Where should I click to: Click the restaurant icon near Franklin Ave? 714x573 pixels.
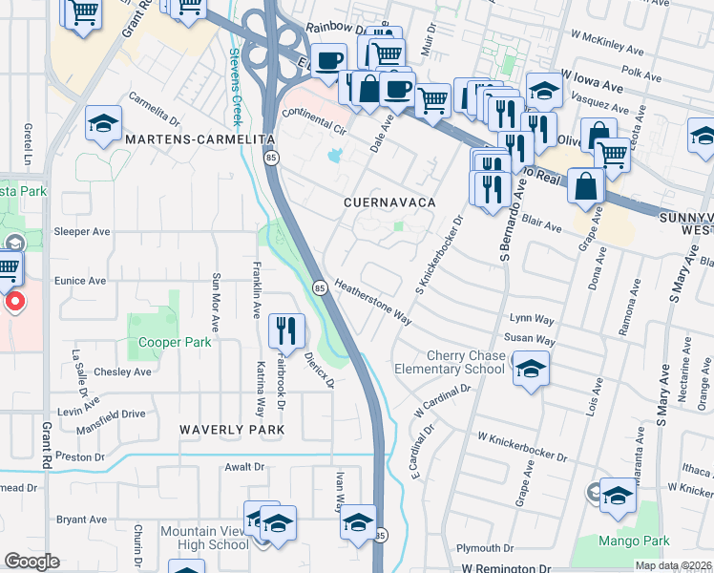coord(286,331)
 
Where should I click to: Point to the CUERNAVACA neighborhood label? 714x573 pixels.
coord(390,203)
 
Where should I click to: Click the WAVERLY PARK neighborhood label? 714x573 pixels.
coord(233,431)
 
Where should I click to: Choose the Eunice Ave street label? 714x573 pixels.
coord(81,282)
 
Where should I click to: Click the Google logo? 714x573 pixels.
coord(32,562)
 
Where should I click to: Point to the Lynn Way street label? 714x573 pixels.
coord(533,318)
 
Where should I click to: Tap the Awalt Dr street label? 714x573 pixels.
coord(243,467)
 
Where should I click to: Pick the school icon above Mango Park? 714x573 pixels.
coord(618,495)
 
